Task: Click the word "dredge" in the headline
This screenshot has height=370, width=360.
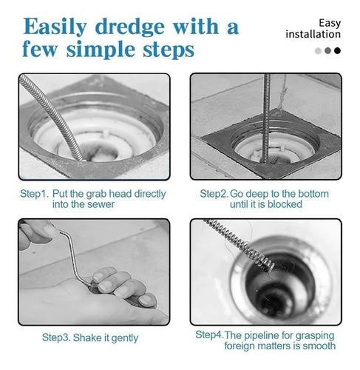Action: [129, 27]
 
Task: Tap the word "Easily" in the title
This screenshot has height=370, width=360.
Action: [55, 27]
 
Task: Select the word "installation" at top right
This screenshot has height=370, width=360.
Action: [313, 34]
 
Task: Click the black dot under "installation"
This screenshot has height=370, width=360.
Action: [337, 50]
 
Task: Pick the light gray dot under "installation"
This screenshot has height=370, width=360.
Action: [318, 51]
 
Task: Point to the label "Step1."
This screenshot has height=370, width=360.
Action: [35, 194]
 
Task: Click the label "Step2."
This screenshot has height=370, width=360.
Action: [214, 194]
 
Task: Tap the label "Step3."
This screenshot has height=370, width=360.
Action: [56, 337]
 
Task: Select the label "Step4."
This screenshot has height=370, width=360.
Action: [209, 335]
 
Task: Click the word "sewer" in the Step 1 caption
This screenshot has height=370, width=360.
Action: [102, 204]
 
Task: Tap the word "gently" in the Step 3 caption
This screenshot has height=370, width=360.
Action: [124, 338]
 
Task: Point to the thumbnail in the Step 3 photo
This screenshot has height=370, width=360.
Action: [50, 231]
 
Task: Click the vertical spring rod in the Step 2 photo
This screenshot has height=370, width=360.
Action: [266, 118]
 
